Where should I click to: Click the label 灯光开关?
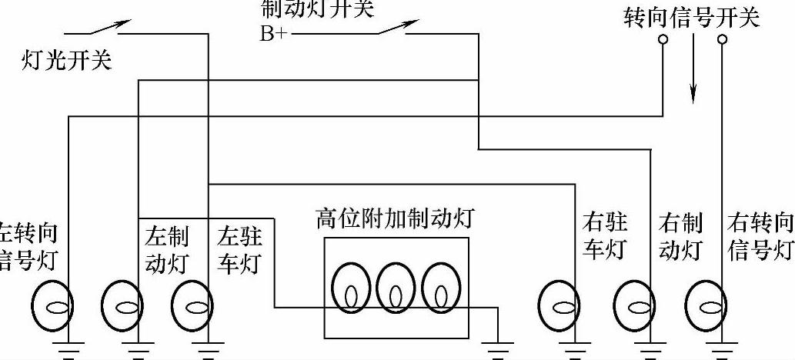pos(66,60)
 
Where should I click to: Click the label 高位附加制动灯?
pos(394,219)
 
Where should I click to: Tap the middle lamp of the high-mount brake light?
pos(395,288)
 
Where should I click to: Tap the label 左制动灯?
pos(165,248)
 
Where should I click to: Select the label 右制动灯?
pos(680,236)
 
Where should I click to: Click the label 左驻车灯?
pos(239,248)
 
